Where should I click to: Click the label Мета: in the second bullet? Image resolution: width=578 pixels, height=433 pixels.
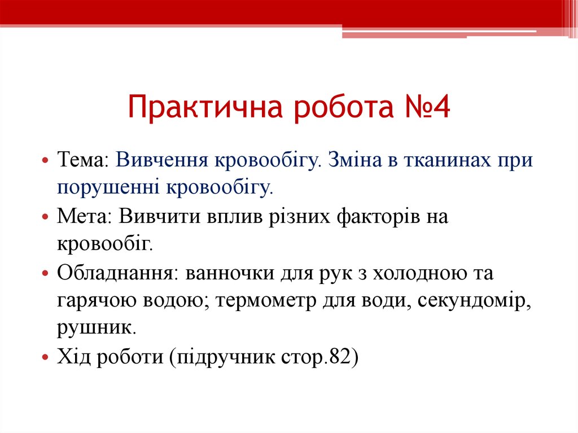coord(85,217)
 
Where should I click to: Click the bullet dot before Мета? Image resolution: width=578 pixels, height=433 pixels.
coord(46,217)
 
